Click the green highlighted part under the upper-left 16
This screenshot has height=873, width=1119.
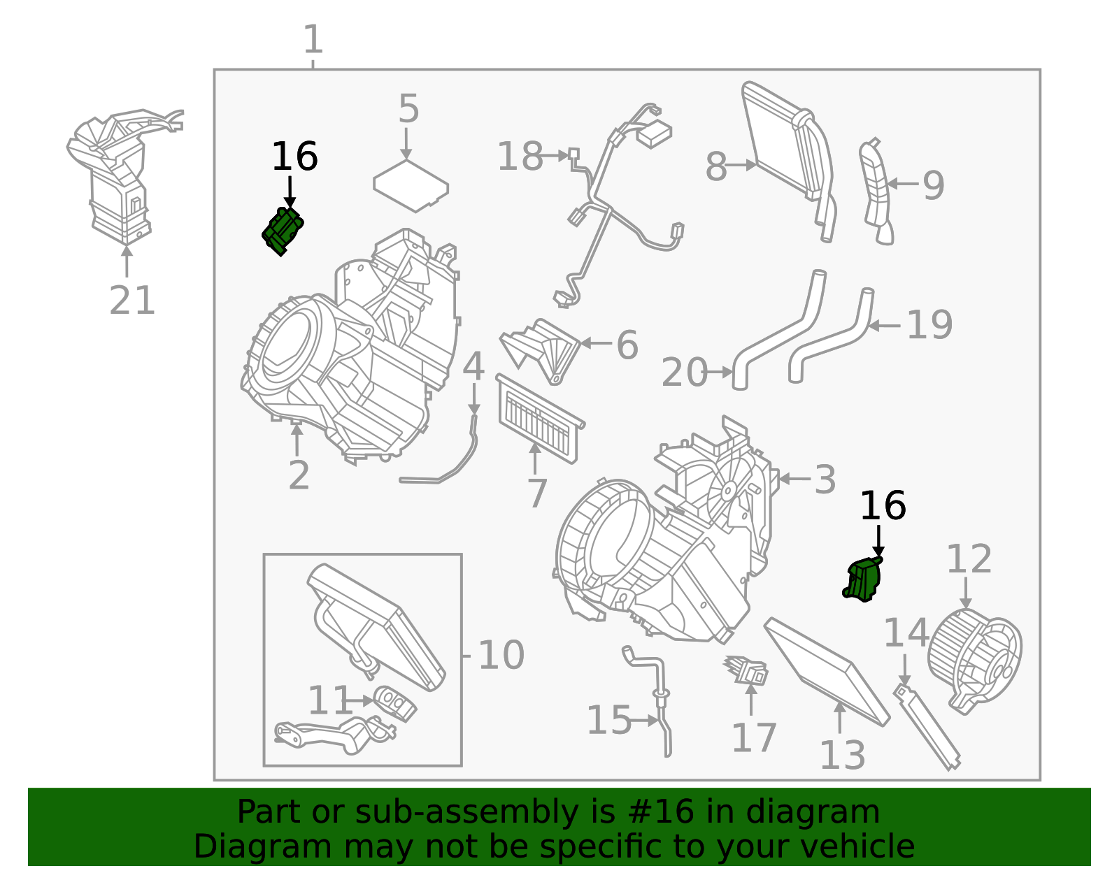pyautogui.click(x=283, y=231)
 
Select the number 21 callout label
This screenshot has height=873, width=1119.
pyautogui.click(x=131, y=301)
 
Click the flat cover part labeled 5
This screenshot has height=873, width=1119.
pyautogui.click(x=411, y=186)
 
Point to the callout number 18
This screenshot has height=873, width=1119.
pyautogui.click(x=520, y=157)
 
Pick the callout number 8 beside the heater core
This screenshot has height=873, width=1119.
pyautogui.click(x=715, y=167)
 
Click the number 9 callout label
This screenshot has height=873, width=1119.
pyautogui.click(x=933, y=185)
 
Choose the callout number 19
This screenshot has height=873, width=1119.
pyautogui.click(x=929, y=325)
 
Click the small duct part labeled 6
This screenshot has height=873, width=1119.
pyautogui.click(x=542, y=349)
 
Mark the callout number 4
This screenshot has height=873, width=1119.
pyautogui.click(x=473, y=367)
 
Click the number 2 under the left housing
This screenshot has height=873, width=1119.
pyautogui.click(x=299, y=475)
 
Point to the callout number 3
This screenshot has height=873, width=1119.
pyautogui.click(x=825, y=479)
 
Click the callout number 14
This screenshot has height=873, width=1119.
pyautogui.click(x=905, y=633)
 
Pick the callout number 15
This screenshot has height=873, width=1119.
pyautogui.click(x=608, y=720)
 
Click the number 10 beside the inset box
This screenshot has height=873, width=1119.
pyautogui.click(x=501, y=656)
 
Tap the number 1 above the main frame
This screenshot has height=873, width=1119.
pyautogui.click(x=313, y=40)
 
